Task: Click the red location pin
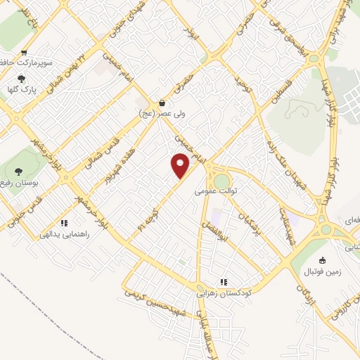(180, 165)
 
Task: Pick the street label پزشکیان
(250, 215)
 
